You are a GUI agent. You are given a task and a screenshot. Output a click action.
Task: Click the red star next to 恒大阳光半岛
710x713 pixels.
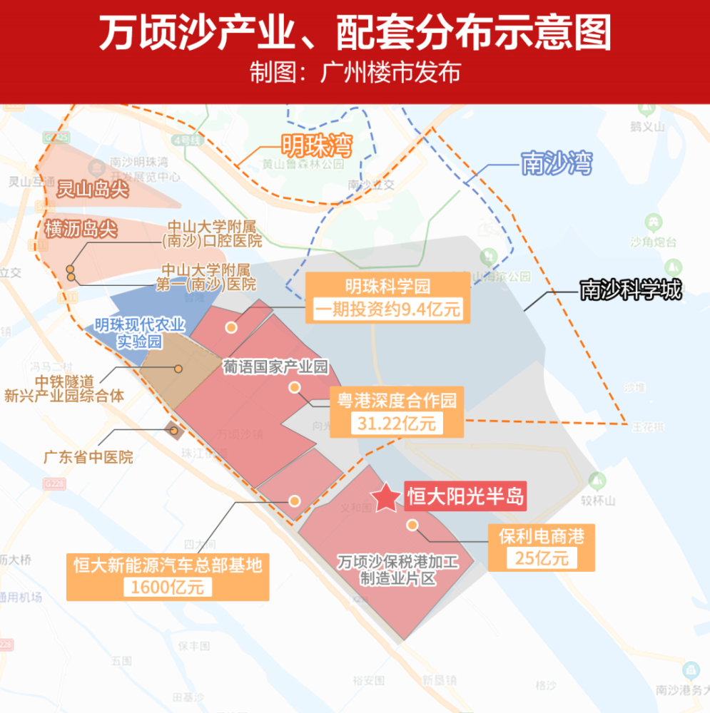click(386, 498)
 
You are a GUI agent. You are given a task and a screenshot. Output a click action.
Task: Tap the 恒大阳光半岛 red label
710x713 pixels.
click(465, 496)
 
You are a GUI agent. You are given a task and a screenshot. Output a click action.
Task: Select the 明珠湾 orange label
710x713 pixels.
click(316, 147)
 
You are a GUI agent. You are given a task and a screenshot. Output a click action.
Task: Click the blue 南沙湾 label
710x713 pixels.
click(557, 163)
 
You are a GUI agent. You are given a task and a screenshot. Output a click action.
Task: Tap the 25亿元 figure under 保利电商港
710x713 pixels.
click(542, 558)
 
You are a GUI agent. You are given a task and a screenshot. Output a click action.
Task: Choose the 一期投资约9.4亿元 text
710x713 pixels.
click(388, 309)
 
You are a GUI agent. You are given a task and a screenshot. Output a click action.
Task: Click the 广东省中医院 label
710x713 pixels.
click(88, 456)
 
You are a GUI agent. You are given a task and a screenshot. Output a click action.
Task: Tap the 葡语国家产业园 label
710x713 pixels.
click(275, 368)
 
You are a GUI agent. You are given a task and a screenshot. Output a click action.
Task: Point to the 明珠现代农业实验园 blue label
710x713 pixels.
click(140, 334)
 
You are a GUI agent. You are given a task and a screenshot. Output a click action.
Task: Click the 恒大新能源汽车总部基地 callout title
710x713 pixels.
click(168, 565)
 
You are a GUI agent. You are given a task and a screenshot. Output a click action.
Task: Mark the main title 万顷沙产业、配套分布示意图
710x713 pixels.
click(355, 34)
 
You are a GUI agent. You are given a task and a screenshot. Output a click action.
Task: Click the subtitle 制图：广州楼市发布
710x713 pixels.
click(355, 73)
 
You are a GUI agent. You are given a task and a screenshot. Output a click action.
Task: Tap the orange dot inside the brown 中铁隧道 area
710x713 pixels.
click(178, 369)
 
